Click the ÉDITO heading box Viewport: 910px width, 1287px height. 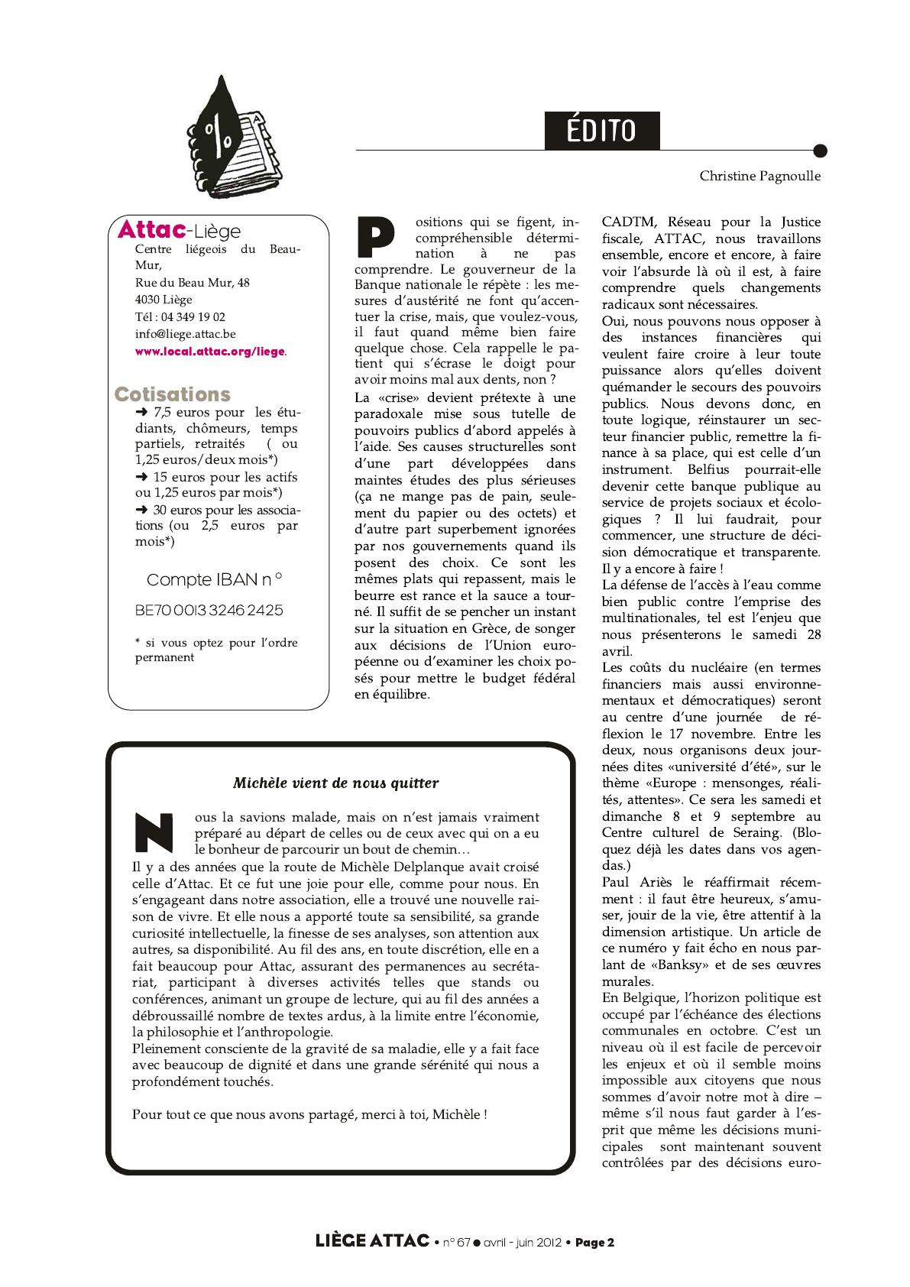point(601,131)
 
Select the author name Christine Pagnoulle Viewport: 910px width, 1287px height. point(759,177)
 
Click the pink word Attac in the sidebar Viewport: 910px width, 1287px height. point(151,229)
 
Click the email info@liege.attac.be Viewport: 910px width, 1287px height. point(185,334)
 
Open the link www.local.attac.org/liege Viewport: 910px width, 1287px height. point(210,352)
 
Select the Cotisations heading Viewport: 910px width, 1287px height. point(172,394)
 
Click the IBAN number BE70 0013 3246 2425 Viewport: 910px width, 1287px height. point(209,611)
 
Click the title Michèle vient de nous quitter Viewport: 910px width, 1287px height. point(335,783)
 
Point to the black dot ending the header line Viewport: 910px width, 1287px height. point(821,151)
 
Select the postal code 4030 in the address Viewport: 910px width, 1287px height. point(148,300)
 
